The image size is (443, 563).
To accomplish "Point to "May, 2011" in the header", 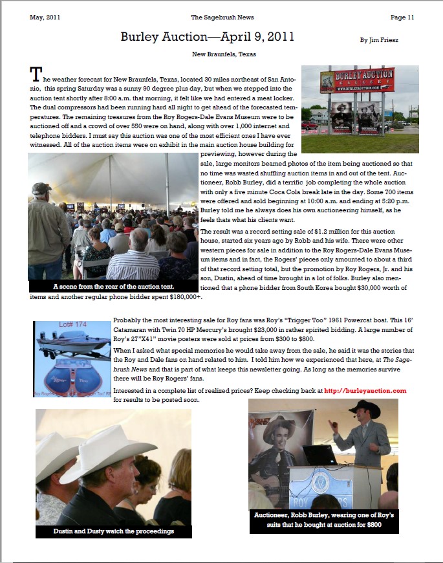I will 45,17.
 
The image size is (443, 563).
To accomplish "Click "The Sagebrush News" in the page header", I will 220,17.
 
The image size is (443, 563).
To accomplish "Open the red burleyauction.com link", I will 365,390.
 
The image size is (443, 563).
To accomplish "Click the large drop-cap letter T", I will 36,72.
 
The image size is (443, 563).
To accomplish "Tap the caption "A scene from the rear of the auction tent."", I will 114,285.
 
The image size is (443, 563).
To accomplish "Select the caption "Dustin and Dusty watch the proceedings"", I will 113,531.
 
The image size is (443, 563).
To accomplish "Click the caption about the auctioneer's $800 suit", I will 323,520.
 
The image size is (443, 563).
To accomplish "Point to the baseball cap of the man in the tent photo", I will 41,188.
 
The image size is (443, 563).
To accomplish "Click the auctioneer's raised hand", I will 332,426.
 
